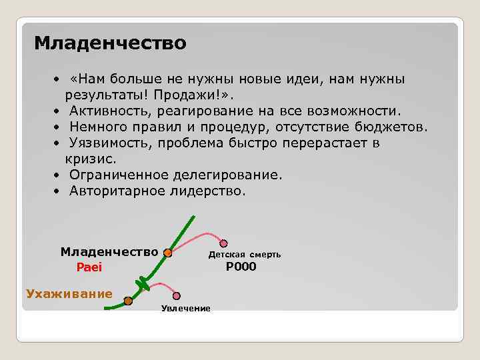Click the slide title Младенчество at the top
click(x=110, y=43)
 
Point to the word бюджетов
click(x=393, y=127)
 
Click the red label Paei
click(x=89, y=267)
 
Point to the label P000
click(x=241, y=267)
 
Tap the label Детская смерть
click(x=244, y=255)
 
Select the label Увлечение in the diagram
click(x=185, y=308)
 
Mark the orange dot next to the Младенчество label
click(x=168, y=253)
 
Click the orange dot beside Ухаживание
click(x=128, y=301)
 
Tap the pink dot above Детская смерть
click(x=224, y=243)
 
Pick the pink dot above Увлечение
click(x=177, y=295)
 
